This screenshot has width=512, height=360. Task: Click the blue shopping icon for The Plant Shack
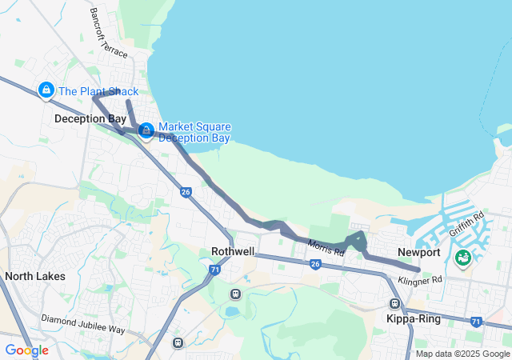46,90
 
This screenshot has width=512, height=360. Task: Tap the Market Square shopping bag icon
146,130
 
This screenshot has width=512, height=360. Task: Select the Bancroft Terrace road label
108,33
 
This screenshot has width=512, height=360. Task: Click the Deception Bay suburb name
90,119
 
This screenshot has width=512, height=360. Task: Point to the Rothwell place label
233,251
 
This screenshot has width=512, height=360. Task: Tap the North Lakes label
34,276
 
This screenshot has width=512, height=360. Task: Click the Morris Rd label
326,248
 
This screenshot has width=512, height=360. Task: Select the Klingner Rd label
420,279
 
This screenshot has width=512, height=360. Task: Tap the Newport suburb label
419,253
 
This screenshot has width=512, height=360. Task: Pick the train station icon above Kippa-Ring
394,304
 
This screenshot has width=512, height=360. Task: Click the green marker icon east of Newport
463,258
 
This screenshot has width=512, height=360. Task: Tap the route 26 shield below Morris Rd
315,264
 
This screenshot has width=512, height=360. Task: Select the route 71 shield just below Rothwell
215,270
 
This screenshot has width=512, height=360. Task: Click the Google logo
26,350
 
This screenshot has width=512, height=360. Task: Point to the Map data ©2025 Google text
462,354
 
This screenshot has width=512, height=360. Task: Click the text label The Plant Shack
98,91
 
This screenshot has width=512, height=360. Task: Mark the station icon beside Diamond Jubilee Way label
178,342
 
